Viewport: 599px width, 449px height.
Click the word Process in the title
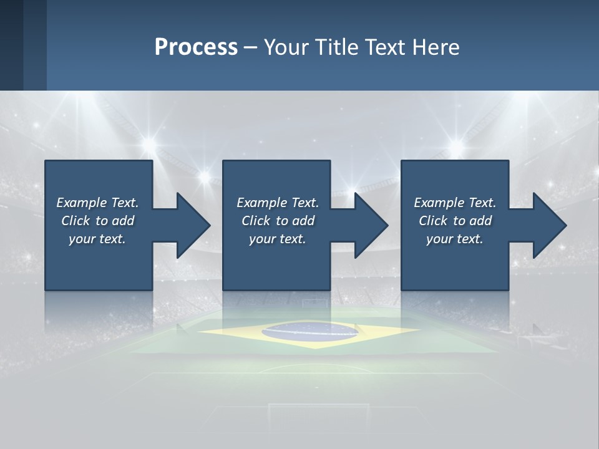pyautogui.click(x=196, y=47)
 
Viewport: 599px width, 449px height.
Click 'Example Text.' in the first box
pyautogui.click(x=97, y=203)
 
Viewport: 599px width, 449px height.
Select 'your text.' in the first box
pyautogui.click(x=97, y=239)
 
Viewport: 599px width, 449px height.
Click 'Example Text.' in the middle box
pyautogui.click(x=278, y=203)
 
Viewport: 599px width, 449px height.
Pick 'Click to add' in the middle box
pyautogui.click(x=278, y=221)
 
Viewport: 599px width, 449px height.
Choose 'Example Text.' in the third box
pyautogui.click(x=455, y=203)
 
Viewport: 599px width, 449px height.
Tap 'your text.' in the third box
pyautogui.click(x=455, y=239)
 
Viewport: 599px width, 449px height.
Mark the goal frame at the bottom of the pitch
pyautogui.click(x=319, y=412)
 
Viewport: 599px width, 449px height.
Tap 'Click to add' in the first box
pyautogui.click(x=97, y=221)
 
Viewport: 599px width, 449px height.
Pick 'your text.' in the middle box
pyautogui.click(x=278, y=239)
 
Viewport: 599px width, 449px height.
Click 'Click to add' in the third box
pyautogui.click(x=455, y=221)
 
